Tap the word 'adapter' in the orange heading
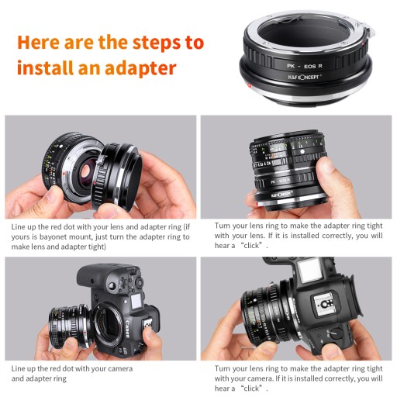click(x=140, y=68)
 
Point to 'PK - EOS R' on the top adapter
click(x=305, y=66)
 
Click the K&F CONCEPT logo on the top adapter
click(x=305, y=77)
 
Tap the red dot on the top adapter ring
click(x=249, y=85)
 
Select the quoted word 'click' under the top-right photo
click(x=251, y=245)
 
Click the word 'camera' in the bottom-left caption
click(x=120, y=369)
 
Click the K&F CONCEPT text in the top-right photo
click(x=281, y=194)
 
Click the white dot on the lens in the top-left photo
click(x=61, y=146)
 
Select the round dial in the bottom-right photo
click(x=337, y=333)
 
